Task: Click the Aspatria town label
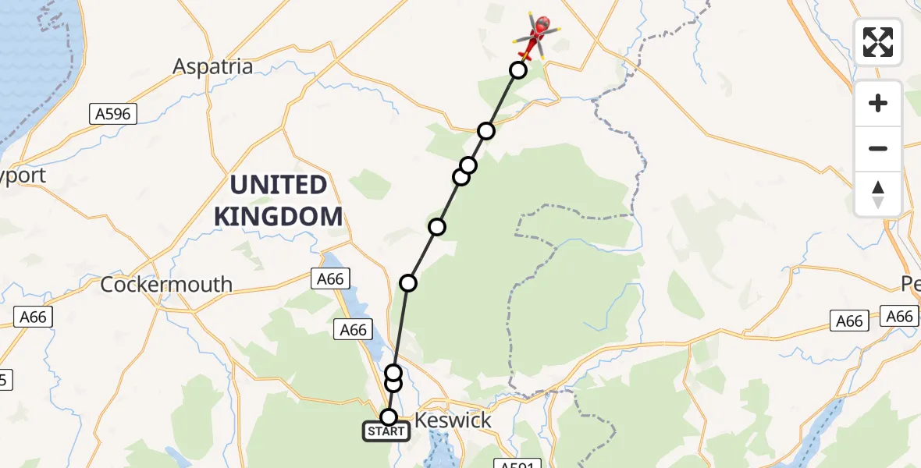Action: pyautogui.click(x=213, y=66)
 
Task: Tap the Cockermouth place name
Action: pyautogui.click(x=166, y=285)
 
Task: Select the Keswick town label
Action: pyautogui.click(x=453, y=420)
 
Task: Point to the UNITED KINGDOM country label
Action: pyautogui.click(x=279, y=200)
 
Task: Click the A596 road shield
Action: pyautogui.click(x=113, y=114)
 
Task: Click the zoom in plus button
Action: pyautogui.click(x=878, y=103)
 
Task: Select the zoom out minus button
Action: pyautogui.click(x=878, y=148)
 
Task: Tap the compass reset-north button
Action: pyautogui.click(x=878, y=194)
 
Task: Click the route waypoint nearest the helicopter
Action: pyautogui.click(x=517, y=70)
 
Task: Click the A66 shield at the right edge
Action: pyautogui.click(x=900, y=316)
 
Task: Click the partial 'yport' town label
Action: pyautogui.click(x=23, y=175)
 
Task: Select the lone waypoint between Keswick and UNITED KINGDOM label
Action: pyautogui.click(x=408, y=282)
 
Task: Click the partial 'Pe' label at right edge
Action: pyautogui.click(x=911, y=285)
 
